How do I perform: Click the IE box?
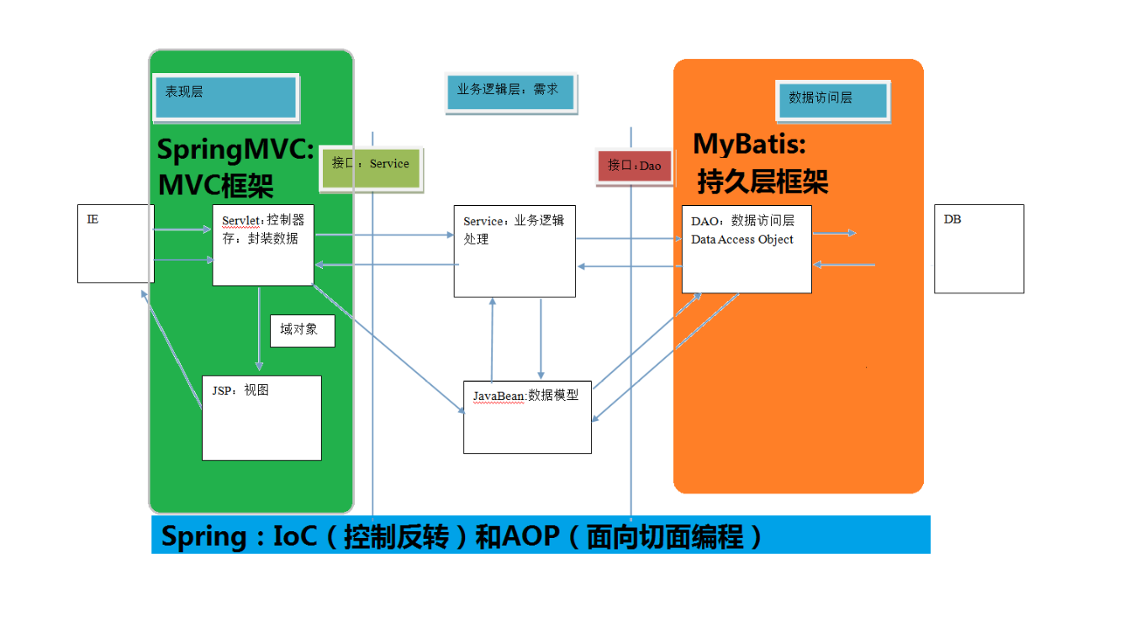(x=115, y=243)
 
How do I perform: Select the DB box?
(x=979, y=248)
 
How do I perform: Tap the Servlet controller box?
(x=263, y=245)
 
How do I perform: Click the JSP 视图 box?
(x=261, y=418)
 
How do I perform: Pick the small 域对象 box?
(x=302, y=330)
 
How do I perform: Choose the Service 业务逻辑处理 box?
(x=515, y=250)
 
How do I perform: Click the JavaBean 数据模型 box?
(x=527, y=417)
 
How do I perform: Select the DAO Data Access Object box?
(x=747, y=249)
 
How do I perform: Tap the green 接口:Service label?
(x=371, y=164)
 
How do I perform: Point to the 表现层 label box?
(x=225, y=97)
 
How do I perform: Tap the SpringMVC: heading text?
(x=235, y=151)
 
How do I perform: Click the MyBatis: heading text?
(x=749, y=145)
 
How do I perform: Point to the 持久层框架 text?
(x=763, y=182)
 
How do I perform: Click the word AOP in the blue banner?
(x=530, y=536)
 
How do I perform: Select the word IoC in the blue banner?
(x=295, y=536)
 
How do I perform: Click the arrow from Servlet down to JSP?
(x=259, y=329)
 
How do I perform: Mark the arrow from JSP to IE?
(x=173, y=349)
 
